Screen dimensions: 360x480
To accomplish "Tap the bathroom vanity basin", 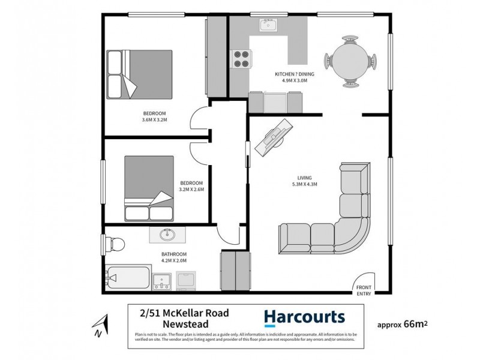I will click(x=166, y=235).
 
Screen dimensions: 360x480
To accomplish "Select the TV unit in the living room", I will click(x=274, y=137).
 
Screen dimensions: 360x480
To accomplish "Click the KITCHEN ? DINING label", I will click(x=291, y=74).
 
